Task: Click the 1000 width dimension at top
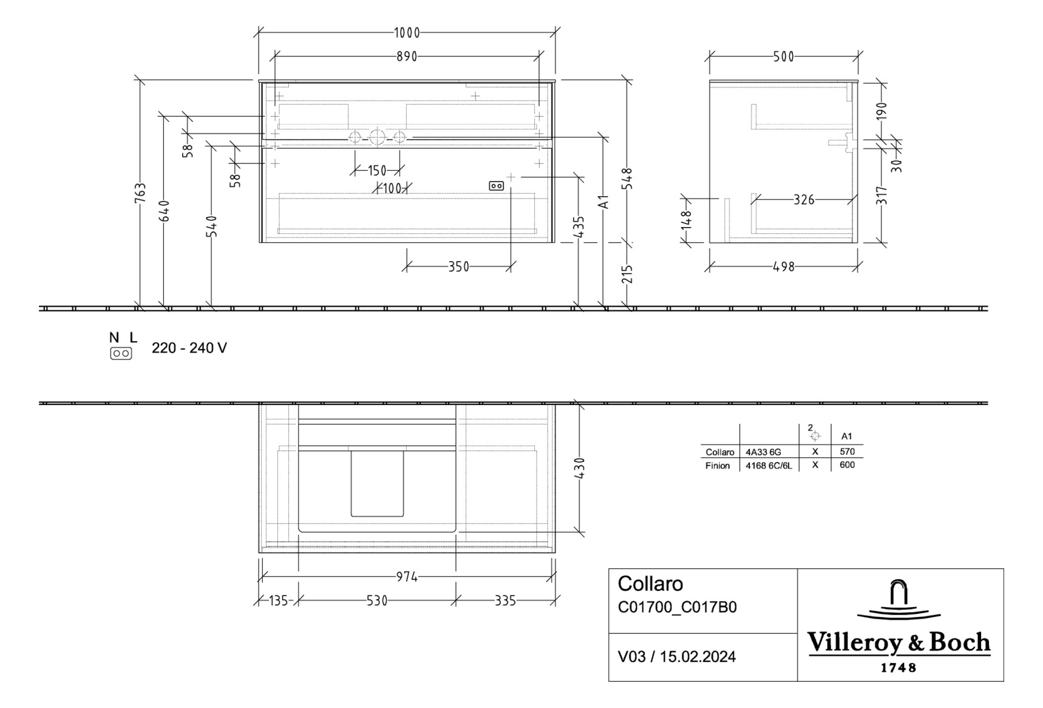[x=407, y=33]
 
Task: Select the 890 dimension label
[x=407, y=56]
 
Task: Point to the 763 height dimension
[x=140, y=193]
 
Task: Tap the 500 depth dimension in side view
[x=783, y=56]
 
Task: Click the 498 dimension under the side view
[x=783, y=267]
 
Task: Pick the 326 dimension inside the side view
[x=804, y=200]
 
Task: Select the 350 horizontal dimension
[x=458, y=267]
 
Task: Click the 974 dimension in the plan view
[x=407, y=577]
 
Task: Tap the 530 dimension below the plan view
[x=377, y=601]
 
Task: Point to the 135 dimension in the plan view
[x=278, y=601]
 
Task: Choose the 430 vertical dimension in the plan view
[x=580, y=468]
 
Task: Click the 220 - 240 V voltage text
[x=189, y=348]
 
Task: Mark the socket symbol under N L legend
[x=121, y=353]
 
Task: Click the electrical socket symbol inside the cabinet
[x=496, y=186]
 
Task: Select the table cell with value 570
[x=847, y=452]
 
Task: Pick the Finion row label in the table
[x=718, y=466]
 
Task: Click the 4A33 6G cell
[x=763, y=452]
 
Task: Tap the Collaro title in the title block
[x=650, y=584]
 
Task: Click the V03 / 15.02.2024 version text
[x=676, y=656]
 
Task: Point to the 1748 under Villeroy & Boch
[x=898, y=668]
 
